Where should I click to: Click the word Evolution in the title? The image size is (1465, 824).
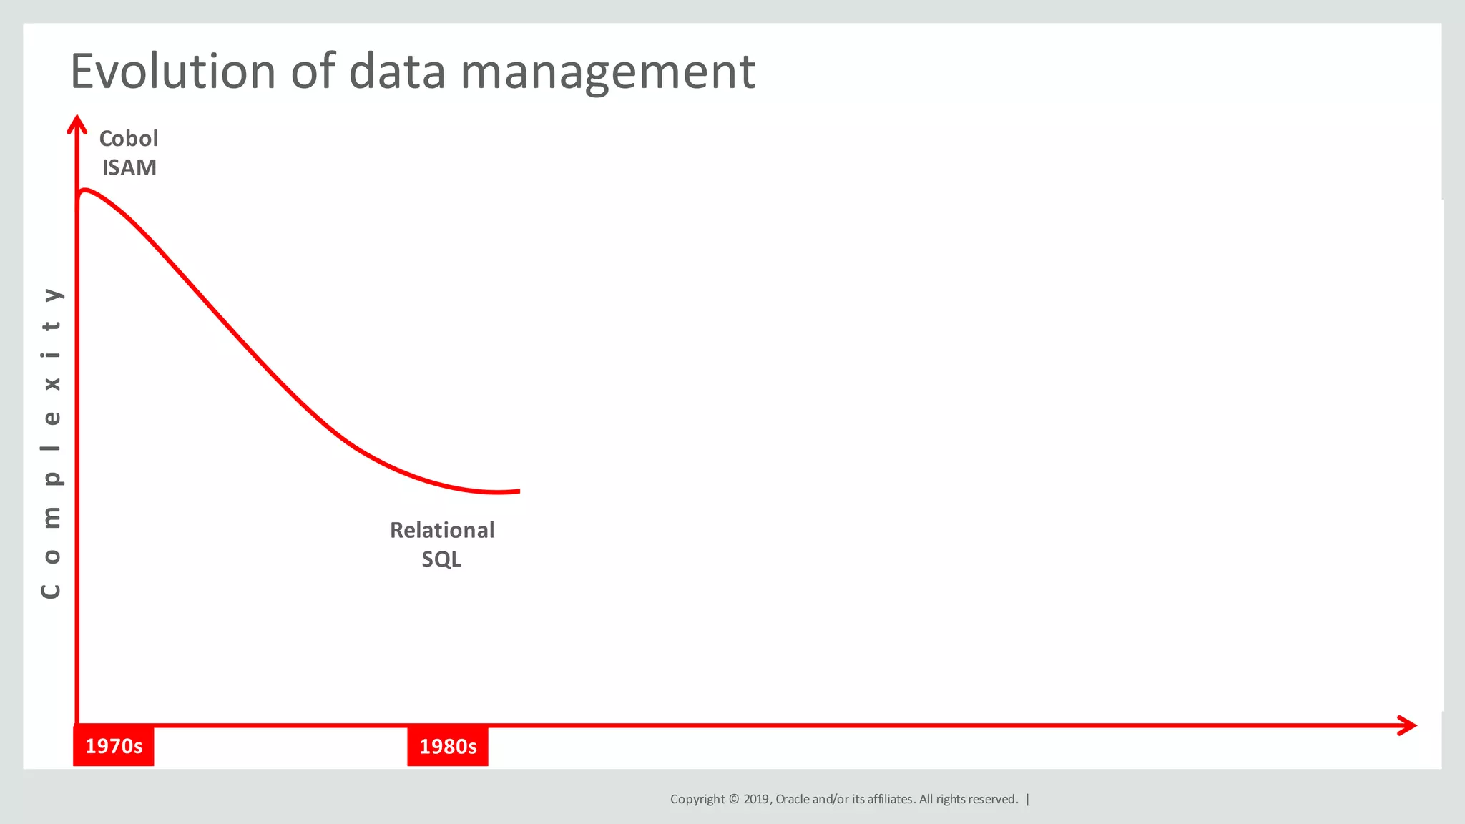coord(172,72)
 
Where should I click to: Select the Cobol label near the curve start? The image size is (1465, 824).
coord(129,138)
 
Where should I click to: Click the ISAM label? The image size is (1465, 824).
coord(129,167)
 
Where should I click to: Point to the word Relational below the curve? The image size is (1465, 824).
coord(442,530)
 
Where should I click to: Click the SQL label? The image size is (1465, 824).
coord(441,559)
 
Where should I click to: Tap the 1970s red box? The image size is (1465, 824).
coord(114,746)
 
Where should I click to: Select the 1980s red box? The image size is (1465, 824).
coord(448,746)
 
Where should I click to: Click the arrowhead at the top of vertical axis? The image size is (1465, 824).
coord(77,123)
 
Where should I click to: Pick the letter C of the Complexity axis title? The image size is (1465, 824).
coord(51,591)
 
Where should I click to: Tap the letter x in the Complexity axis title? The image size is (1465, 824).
coord(52,383)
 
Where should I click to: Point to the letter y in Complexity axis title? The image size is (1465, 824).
coord(52,294)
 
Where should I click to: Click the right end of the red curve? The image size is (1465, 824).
coord(518,491)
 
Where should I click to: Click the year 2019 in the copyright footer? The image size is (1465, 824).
coord(755,799)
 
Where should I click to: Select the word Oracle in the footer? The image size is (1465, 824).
coord(793,799)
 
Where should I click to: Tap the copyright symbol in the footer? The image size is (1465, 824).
coord(734,799)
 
